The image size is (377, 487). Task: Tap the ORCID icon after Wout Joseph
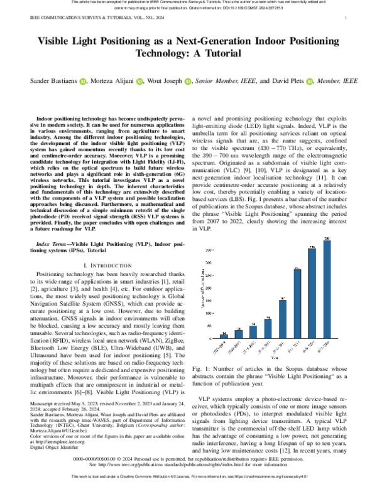[190, 81]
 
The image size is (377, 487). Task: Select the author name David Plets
[290, 81]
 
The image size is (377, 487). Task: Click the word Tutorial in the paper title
[220, 53]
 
